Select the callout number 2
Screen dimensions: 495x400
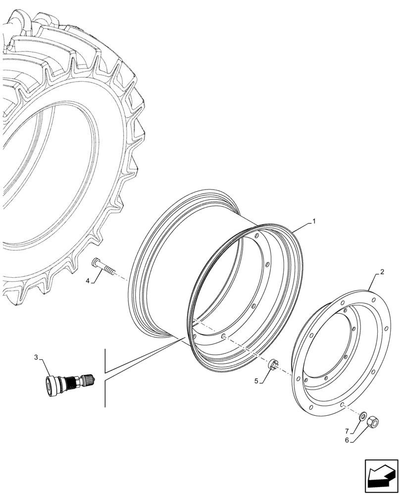[382, 272]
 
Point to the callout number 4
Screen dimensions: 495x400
[87, 281]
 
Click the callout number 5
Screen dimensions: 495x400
[256, 382]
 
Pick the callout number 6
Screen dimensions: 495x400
[347, 440]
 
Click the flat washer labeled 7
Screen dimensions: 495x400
[362, 415]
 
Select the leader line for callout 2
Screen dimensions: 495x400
[375, 282]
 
